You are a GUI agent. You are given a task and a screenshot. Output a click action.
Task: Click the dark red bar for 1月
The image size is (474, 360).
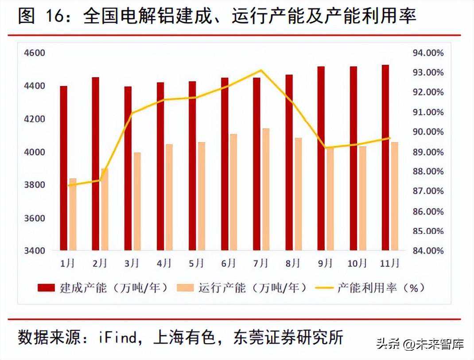64,168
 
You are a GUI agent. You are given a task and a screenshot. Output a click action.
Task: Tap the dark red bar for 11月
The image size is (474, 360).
385,158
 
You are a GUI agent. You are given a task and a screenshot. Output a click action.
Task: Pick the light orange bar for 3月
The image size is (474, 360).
137,202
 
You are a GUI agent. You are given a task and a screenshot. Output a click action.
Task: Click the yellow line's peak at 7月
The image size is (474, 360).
261,70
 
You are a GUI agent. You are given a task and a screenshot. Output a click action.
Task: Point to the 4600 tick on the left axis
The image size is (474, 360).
37,53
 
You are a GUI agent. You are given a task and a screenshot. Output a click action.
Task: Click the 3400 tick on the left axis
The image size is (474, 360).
37,251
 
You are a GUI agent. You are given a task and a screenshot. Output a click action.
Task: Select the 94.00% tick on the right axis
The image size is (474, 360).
428,53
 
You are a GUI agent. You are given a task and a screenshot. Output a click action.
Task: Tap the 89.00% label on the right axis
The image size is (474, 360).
428,152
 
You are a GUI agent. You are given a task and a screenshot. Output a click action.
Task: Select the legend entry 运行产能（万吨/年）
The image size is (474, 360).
242,288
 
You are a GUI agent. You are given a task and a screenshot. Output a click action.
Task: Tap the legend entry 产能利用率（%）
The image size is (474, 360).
370,288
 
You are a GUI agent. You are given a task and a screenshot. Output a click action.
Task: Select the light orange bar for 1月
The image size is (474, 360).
73,215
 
